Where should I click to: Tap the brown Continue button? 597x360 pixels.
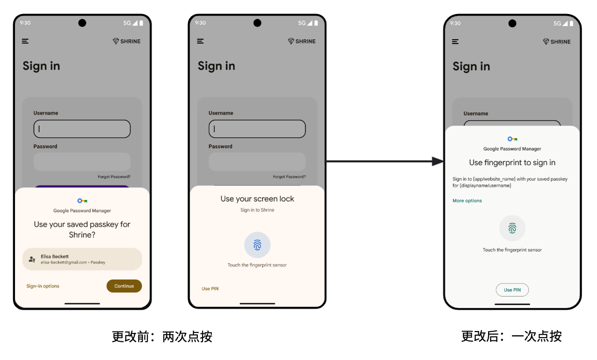pos(124,286)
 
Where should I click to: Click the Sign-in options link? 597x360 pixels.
pos(43,286)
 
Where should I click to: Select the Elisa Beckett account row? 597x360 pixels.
pos(82,259)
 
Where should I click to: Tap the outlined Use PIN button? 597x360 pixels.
pos(512,290)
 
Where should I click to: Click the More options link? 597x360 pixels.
pos(467,201)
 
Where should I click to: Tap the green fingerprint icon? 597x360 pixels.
pos(512,228)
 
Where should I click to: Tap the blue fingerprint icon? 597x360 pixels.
pos(257,245)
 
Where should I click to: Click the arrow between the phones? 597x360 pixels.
pos(385,161)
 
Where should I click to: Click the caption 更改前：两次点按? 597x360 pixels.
pos(162,336)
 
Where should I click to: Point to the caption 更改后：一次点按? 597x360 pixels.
pos(511,336)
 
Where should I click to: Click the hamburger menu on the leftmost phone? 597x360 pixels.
pos(25,41)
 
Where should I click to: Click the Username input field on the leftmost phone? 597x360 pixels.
pos(82,129)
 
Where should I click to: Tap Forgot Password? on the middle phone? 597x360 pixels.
pos(289,177)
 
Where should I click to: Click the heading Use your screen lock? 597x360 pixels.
pos(257,199)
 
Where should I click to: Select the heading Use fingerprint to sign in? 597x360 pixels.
pos(512,163)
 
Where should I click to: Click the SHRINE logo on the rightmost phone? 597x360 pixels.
pos(557,42)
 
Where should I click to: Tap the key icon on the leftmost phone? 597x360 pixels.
pos(82,201)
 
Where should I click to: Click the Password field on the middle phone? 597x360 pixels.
pos(257,161)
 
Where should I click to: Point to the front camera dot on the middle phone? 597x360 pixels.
pos(257,23)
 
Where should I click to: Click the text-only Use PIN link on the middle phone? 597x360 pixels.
pos(210,288)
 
